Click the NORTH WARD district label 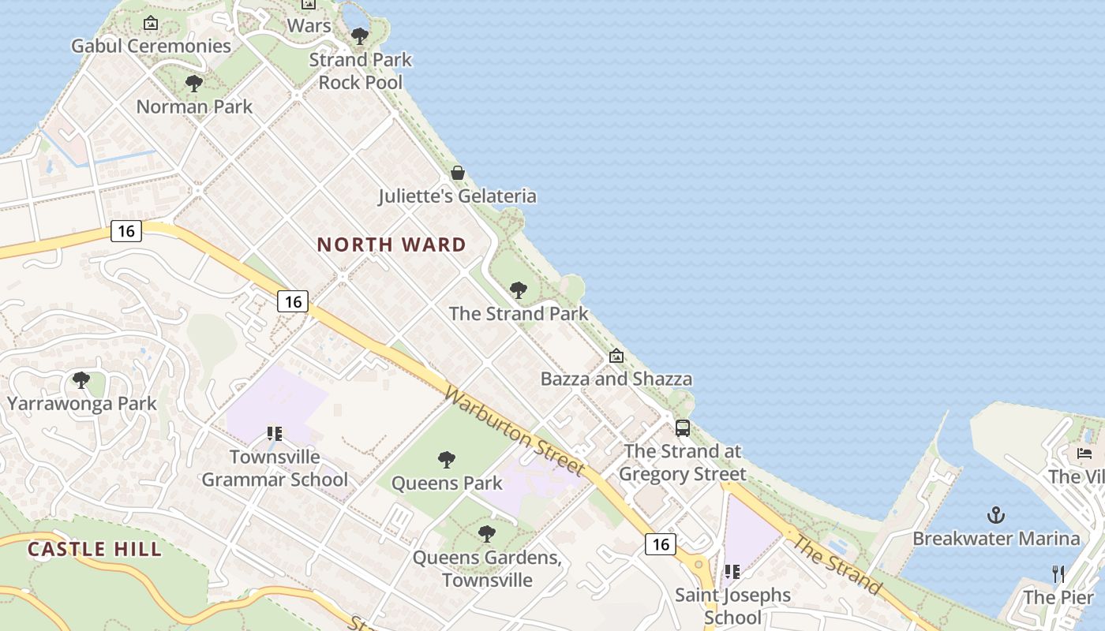(391, 245)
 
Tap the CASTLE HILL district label (95, 549)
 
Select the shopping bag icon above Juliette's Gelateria (458, 173)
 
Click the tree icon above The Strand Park (519, 290)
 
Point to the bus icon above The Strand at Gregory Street (683, 428)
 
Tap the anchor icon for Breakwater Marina (996, 516)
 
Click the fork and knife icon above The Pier (1058, 573)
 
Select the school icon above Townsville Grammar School (275, 433)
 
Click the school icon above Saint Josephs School (732, 571)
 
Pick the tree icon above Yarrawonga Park (81, 380)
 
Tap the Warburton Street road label (515, 431)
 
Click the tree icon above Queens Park (447, 459)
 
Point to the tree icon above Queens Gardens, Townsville (487, 534)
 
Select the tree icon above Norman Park (194, 84)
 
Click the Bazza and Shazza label (616, 379)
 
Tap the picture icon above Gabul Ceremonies (151, 24)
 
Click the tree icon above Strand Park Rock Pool (360, 36)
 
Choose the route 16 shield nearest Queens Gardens (660, 543)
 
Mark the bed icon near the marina (1084, 453)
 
